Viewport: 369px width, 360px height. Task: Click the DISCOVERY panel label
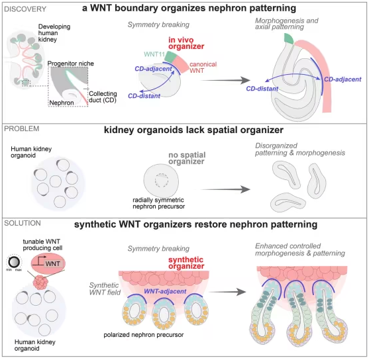pos(25,9)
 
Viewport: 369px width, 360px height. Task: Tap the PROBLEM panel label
pos(22,128)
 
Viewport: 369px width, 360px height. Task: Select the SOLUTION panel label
pos(23,223)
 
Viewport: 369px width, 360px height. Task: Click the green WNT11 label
pos(154,54)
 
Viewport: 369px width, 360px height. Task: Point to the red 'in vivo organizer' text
pos(186,43)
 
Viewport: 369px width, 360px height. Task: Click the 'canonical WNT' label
pos(203,67)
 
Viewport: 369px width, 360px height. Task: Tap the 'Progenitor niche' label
pos(71,64)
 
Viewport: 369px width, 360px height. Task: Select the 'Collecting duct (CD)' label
pos(103,97)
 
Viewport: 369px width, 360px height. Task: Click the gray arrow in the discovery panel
pos(225,81)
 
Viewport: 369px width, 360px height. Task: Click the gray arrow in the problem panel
pos(225,189)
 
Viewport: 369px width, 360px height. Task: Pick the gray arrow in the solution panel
pos(227,292)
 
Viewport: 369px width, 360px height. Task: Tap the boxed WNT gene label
pos(53,263)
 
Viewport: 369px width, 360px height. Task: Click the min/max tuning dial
pos(13,262)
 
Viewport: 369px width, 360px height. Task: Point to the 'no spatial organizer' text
pos(187,158)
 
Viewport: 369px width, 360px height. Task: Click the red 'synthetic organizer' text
pos(186,263)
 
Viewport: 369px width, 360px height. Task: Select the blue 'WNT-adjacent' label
pos(165,291)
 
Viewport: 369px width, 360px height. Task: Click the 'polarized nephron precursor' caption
pos(144,335)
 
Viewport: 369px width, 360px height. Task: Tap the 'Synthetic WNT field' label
pos(105,289)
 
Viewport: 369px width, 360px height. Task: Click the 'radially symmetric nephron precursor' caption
pos(158,203)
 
